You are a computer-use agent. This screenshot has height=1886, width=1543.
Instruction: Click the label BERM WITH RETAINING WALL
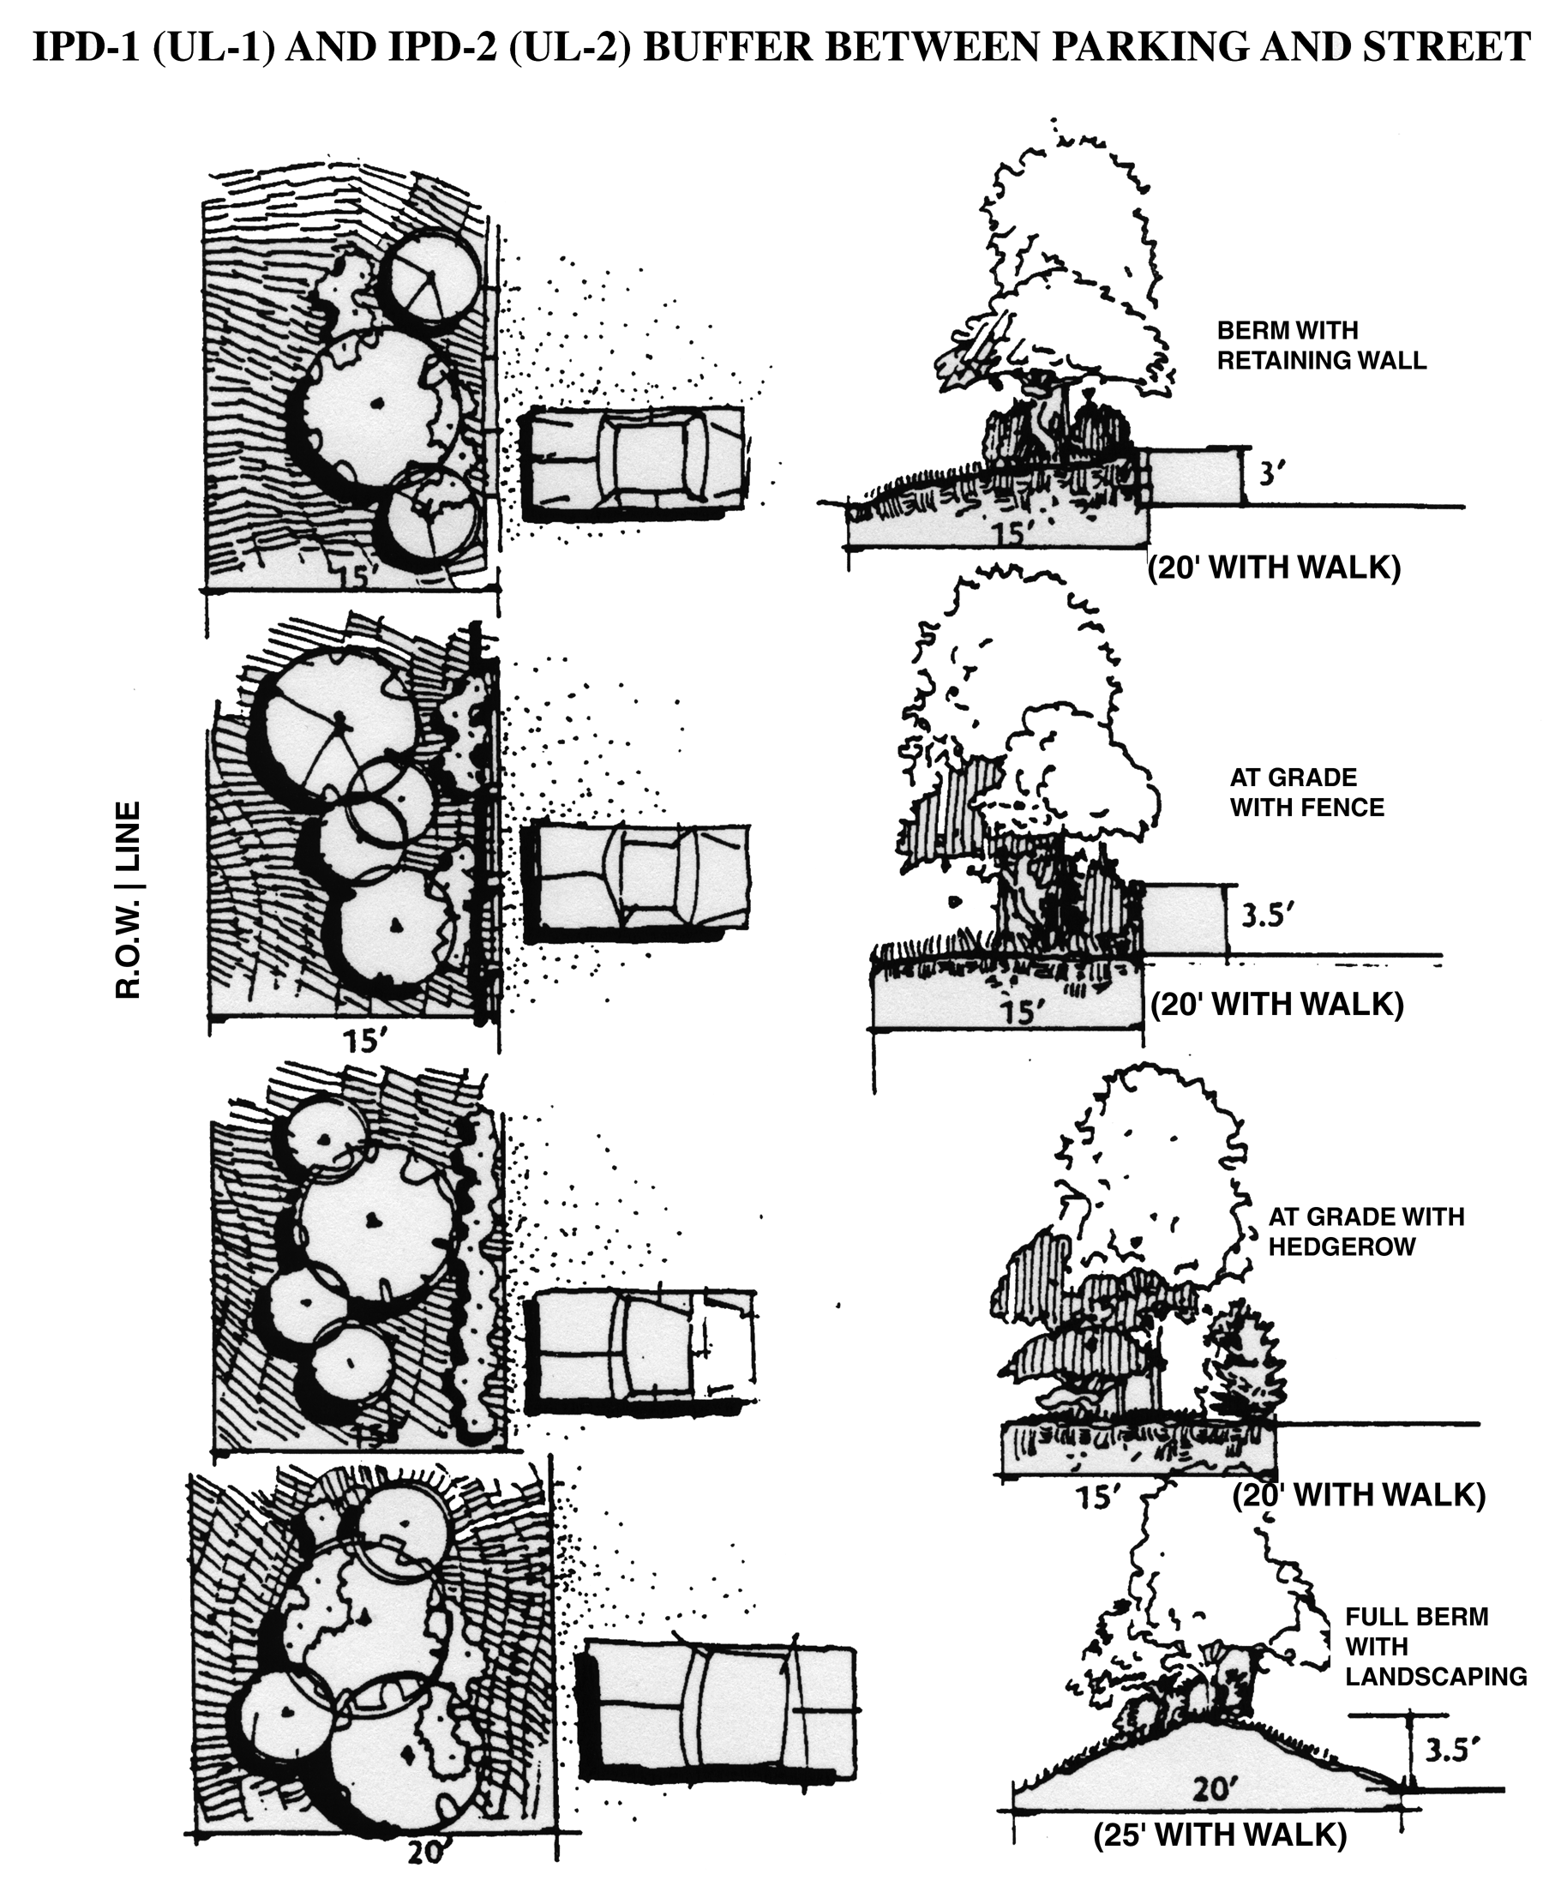[x=1321, y=345]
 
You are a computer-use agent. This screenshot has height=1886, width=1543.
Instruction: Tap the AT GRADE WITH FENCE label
[x=1306, y=793]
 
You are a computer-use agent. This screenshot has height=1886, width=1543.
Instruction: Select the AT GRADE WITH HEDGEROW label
[x=1366, y=1231]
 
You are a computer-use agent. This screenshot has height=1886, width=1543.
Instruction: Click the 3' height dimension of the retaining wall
[x=1269, y=475]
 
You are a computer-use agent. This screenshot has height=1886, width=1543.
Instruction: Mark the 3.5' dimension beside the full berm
[x=1451, y=1751]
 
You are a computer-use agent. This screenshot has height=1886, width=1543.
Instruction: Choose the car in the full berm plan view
[x=718, y=1709]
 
